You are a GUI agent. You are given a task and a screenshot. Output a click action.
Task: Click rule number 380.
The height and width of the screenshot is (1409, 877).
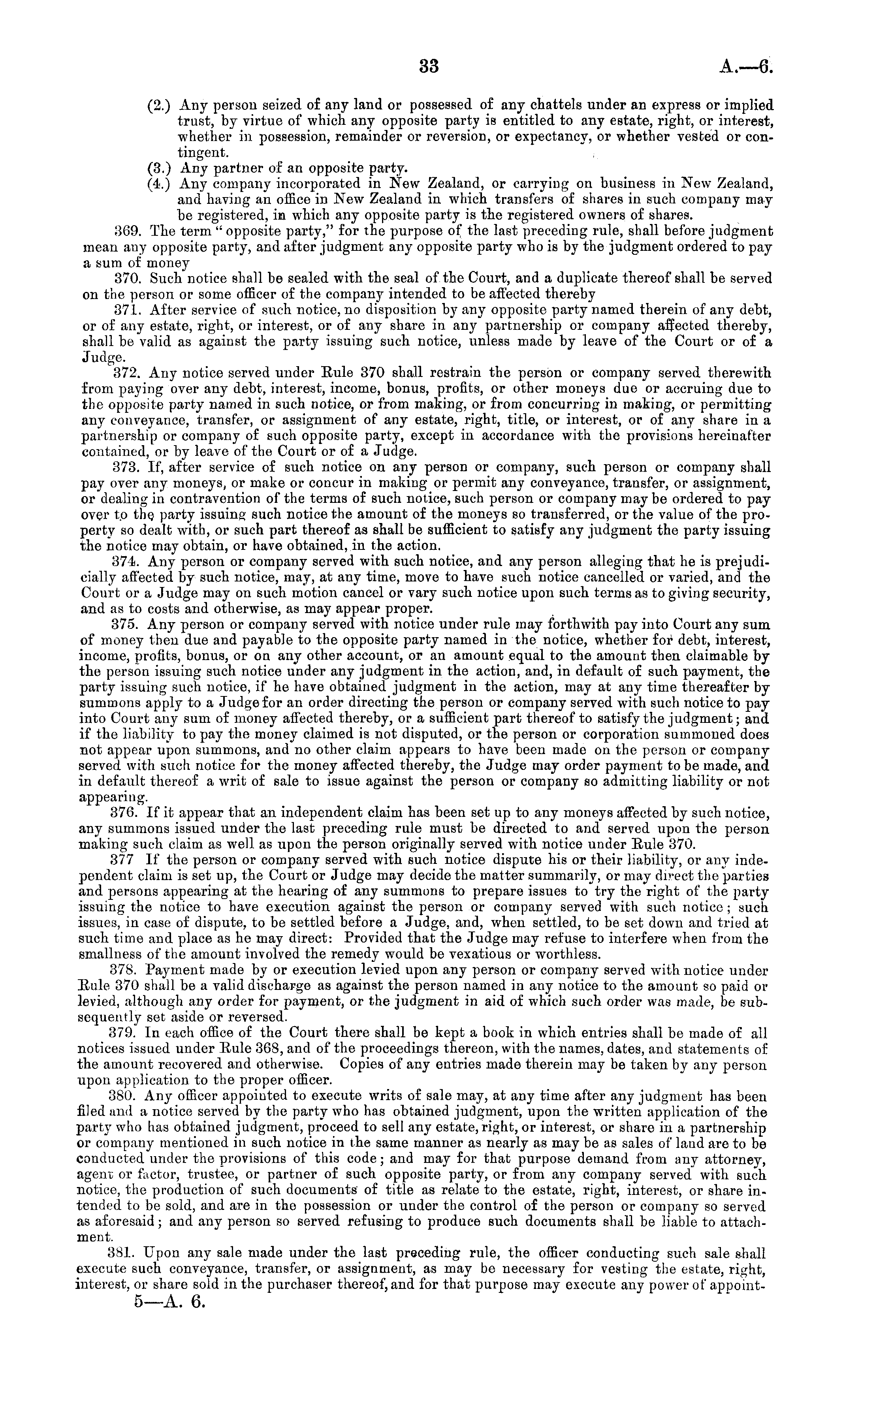tap(122, 1096)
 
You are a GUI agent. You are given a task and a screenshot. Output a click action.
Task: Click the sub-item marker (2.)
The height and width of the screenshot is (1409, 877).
tap(158, 106)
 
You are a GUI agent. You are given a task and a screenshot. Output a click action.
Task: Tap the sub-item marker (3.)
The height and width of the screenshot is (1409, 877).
tap(158, 169)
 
